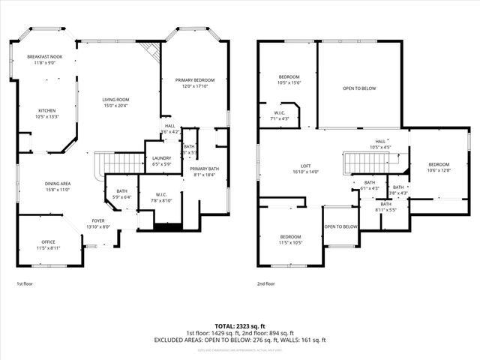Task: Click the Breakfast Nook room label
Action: coord(45,57)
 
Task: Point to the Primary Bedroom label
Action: coord(195,80)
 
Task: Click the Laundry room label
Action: coord(162,158)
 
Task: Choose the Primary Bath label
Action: coord(204,169)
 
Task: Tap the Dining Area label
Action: coord(57,184)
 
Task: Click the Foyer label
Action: coord(98,220)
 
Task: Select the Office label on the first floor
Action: coord(49,241)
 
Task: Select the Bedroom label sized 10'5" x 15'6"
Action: coord(289,76)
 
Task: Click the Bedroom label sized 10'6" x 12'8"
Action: coord(439,164)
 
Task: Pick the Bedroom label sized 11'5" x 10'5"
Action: coord(290,237)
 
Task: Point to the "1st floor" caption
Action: coord(25,284)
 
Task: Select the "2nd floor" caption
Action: coord(266,284)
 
